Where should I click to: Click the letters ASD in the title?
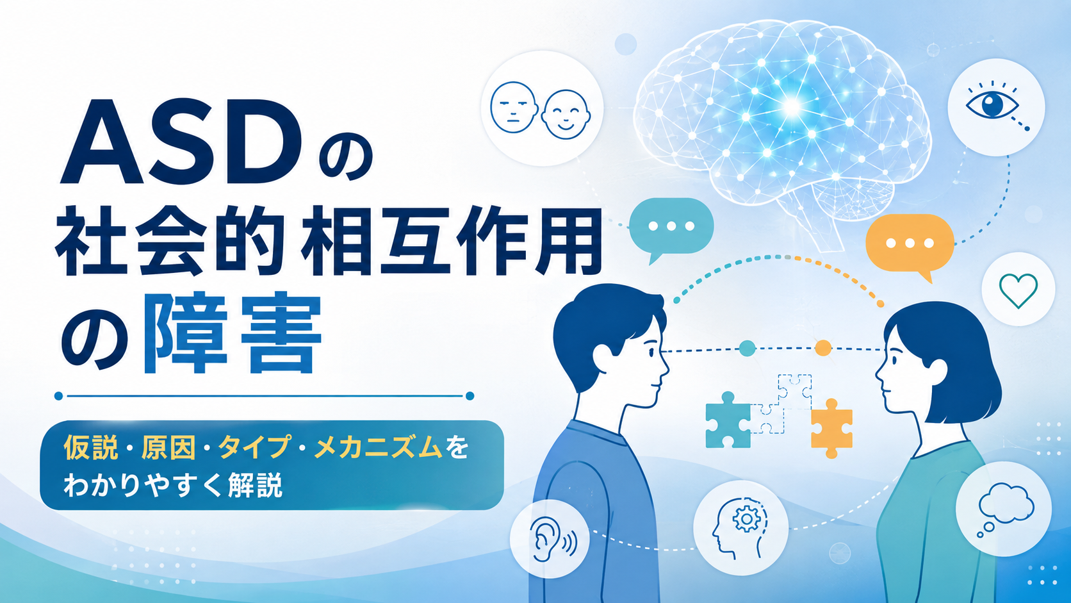(x=181, y=142)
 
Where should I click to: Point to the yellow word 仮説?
(x=91, y=448)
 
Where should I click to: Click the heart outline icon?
(x=1018, y=290)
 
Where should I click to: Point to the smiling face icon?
(x=566, y=115)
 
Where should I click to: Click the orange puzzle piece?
(x=831, y=429)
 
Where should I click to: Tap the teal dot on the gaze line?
(x=747, y=349)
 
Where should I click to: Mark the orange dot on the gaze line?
(x=823, y=348)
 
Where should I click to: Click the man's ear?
(x=602, y=357)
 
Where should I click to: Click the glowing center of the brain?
(x=792, y=106)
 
